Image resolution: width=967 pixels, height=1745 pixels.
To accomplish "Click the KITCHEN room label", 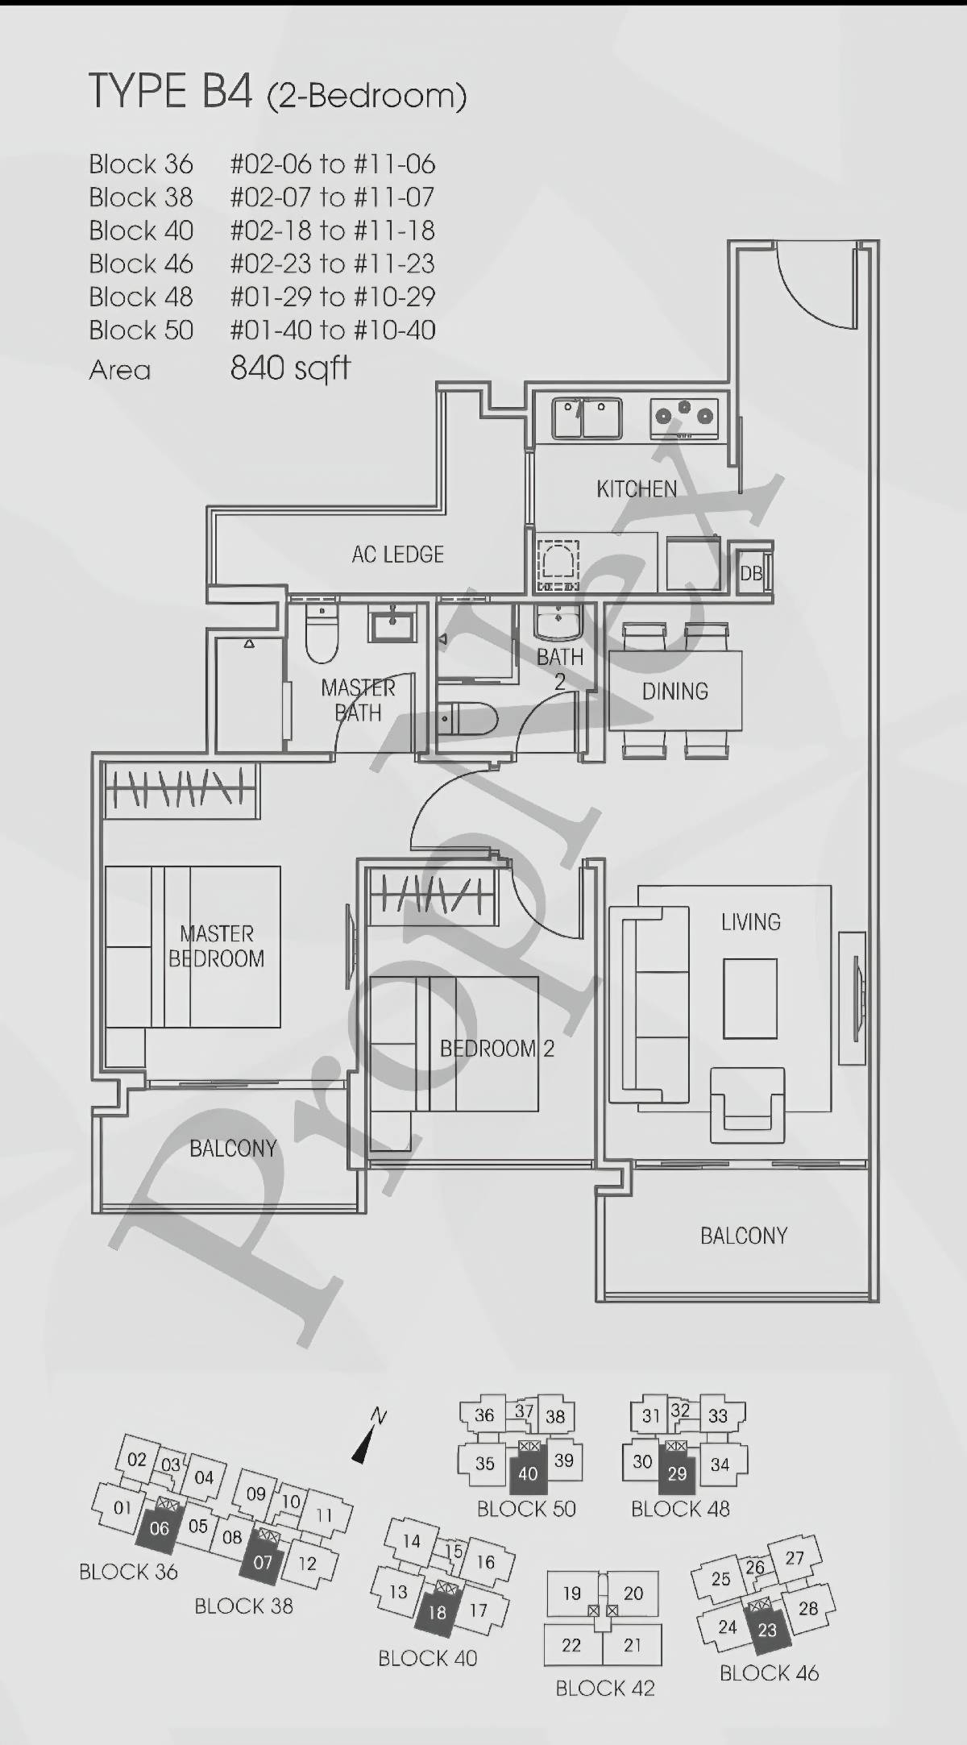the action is (x=637, y=488).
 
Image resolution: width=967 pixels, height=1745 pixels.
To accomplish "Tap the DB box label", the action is (x=751, y=573).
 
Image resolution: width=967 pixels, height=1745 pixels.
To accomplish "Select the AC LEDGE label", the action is (x=398, y=555).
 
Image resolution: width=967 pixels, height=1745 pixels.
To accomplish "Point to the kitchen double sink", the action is (x=587, y=418).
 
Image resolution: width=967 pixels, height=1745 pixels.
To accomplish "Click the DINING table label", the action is (x=675, y=692).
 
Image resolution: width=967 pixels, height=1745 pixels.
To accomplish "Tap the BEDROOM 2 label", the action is (x=497, y=1049).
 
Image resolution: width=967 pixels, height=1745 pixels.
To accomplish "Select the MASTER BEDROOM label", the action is (x=216, y=946).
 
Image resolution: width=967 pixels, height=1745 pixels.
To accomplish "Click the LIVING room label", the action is (x=751, y=922).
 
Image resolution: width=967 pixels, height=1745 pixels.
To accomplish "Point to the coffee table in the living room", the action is (x=750, y=999).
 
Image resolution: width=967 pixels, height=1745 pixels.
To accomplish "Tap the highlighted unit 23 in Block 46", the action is (x=766, y=1630).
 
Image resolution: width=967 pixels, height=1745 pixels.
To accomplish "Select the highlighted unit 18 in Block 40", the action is (x=437, y=1611).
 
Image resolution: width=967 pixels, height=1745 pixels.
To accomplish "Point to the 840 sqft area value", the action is (x=290, y=368).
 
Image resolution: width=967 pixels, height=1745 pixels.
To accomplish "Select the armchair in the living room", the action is (x=747, y=1105).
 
